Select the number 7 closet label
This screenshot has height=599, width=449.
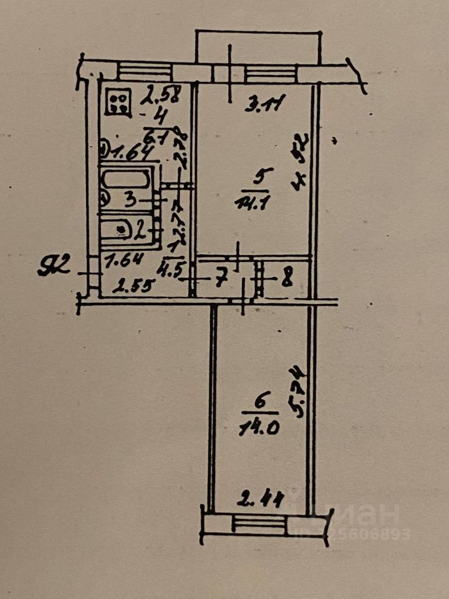tap(220, 280)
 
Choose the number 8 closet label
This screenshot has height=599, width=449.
tap(286, 279)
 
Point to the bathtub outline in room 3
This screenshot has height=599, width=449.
tap(125, 181)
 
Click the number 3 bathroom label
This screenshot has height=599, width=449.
tap(130, 200)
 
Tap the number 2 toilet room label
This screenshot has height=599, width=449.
tap(141, 232)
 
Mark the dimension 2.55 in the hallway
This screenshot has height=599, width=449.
tap(129, 288)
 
